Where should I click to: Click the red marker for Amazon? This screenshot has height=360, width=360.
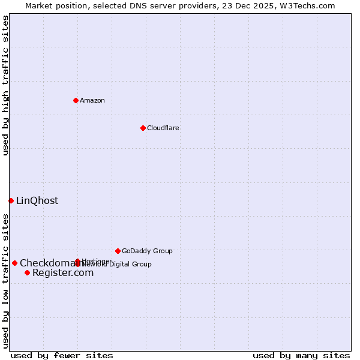coord(76,100)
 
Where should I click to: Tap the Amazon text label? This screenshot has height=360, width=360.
coord(92,100)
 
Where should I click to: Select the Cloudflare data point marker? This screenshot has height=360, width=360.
coord(143,128)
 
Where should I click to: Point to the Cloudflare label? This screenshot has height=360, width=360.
coord(163,128)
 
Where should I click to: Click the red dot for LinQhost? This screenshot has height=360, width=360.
coord(11,200)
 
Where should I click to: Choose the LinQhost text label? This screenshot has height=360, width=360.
coord(37,201)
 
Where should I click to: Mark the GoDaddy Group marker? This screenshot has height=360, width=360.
coord(118,251)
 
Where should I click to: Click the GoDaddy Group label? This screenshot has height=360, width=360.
coord(147,251)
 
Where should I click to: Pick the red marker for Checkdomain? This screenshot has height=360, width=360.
coord(14,263)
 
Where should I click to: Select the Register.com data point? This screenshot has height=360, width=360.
coord(27,273)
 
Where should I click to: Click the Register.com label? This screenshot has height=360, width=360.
coord(63,273)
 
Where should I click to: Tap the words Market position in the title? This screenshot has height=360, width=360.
coord(53,5)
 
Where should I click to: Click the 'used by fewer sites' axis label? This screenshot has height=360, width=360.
coord(62,355)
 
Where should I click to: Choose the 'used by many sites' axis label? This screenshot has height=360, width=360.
coord(301,355)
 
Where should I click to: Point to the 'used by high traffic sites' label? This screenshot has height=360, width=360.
coord(5,85)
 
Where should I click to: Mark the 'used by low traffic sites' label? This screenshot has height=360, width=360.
coord(5,280)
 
